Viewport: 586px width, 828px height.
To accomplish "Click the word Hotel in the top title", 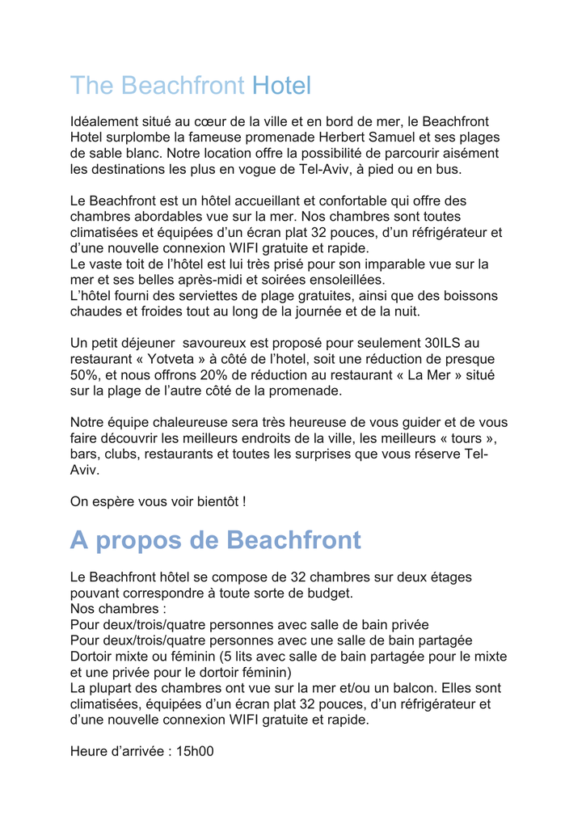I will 281,85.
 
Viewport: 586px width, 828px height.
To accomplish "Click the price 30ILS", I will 444,344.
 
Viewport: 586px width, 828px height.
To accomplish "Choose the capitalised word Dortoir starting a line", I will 94,657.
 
